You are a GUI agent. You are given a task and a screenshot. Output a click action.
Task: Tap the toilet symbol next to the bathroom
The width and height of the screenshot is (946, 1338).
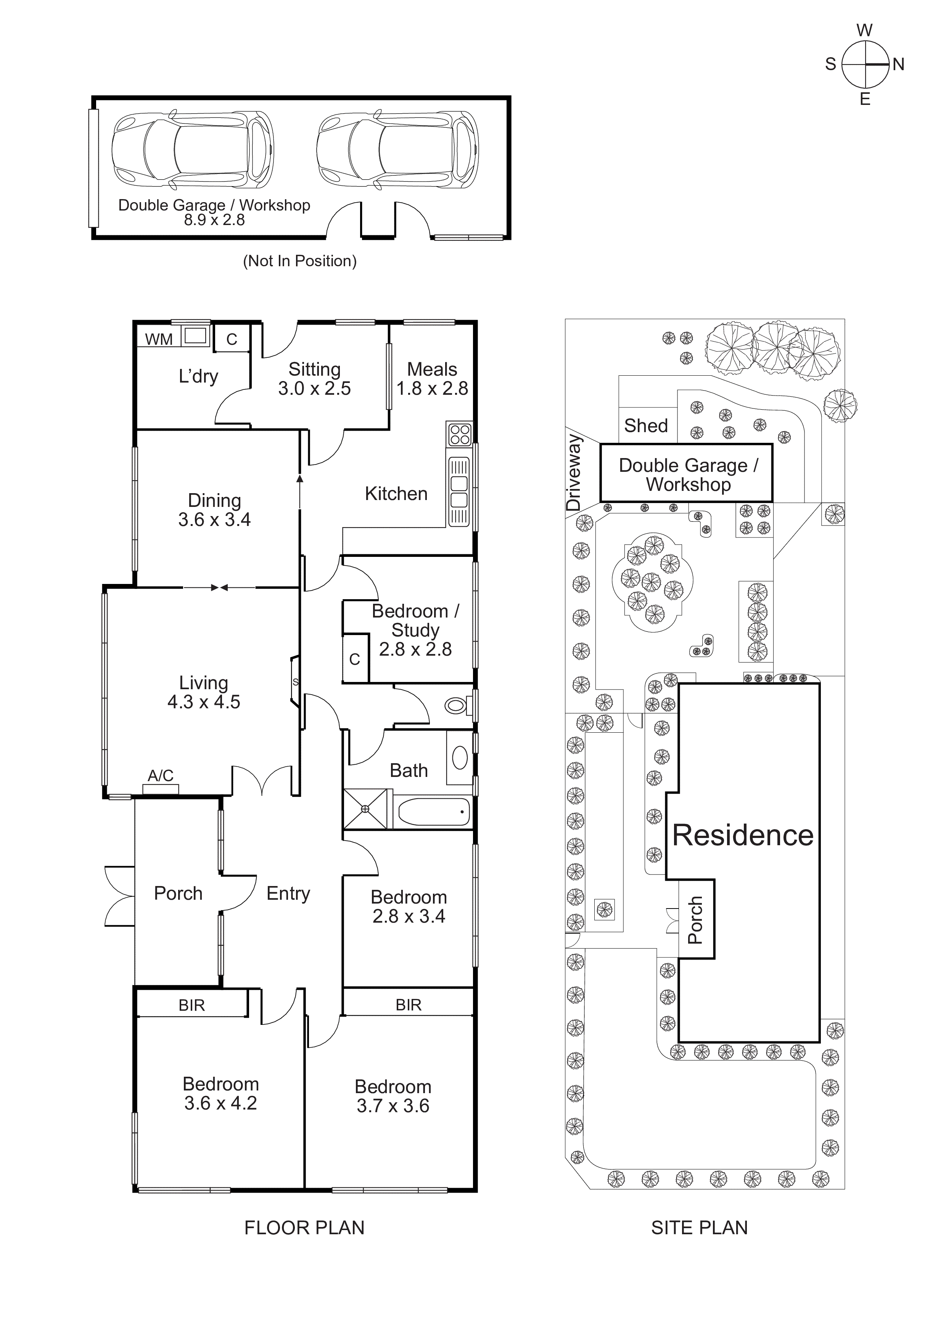[x=456, y=706]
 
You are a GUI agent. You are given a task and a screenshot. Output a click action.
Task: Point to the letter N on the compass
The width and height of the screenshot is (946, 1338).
[x=898, y=65]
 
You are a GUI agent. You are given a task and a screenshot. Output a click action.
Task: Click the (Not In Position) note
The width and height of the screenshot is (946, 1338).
[x=299, y=261]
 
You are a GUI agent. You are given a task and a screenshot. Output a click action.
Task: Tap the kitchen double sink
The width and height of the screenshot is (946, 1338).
[x=459, y=492]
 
